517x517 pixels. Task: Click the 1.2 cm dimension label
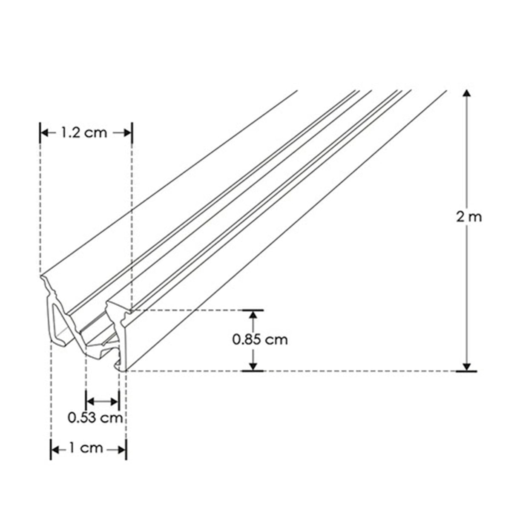click(x=83, y=133)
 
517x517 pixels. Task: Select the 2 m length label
click(x=469, y=217)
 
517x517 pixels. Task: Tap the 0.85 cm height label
click(x=260, y=339)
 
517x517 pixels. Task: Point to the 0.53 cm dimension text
click(x=95, y=417)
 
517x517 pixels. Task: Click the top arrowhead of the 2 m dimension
click(x=467, y=95)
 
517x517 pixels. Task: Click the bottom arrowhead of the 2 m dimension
click(x=467, y=367)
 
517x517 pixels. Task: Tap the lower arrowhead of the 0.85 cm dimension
click(x=253, y=366)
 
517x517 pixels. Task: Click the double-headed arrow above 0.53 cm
click(x=103, y=401)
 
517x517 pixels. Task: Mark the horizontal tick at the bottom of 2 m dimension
click(x=467, y=371)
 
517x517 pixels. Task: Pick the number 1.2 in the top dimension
click(x=69, y=133)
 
